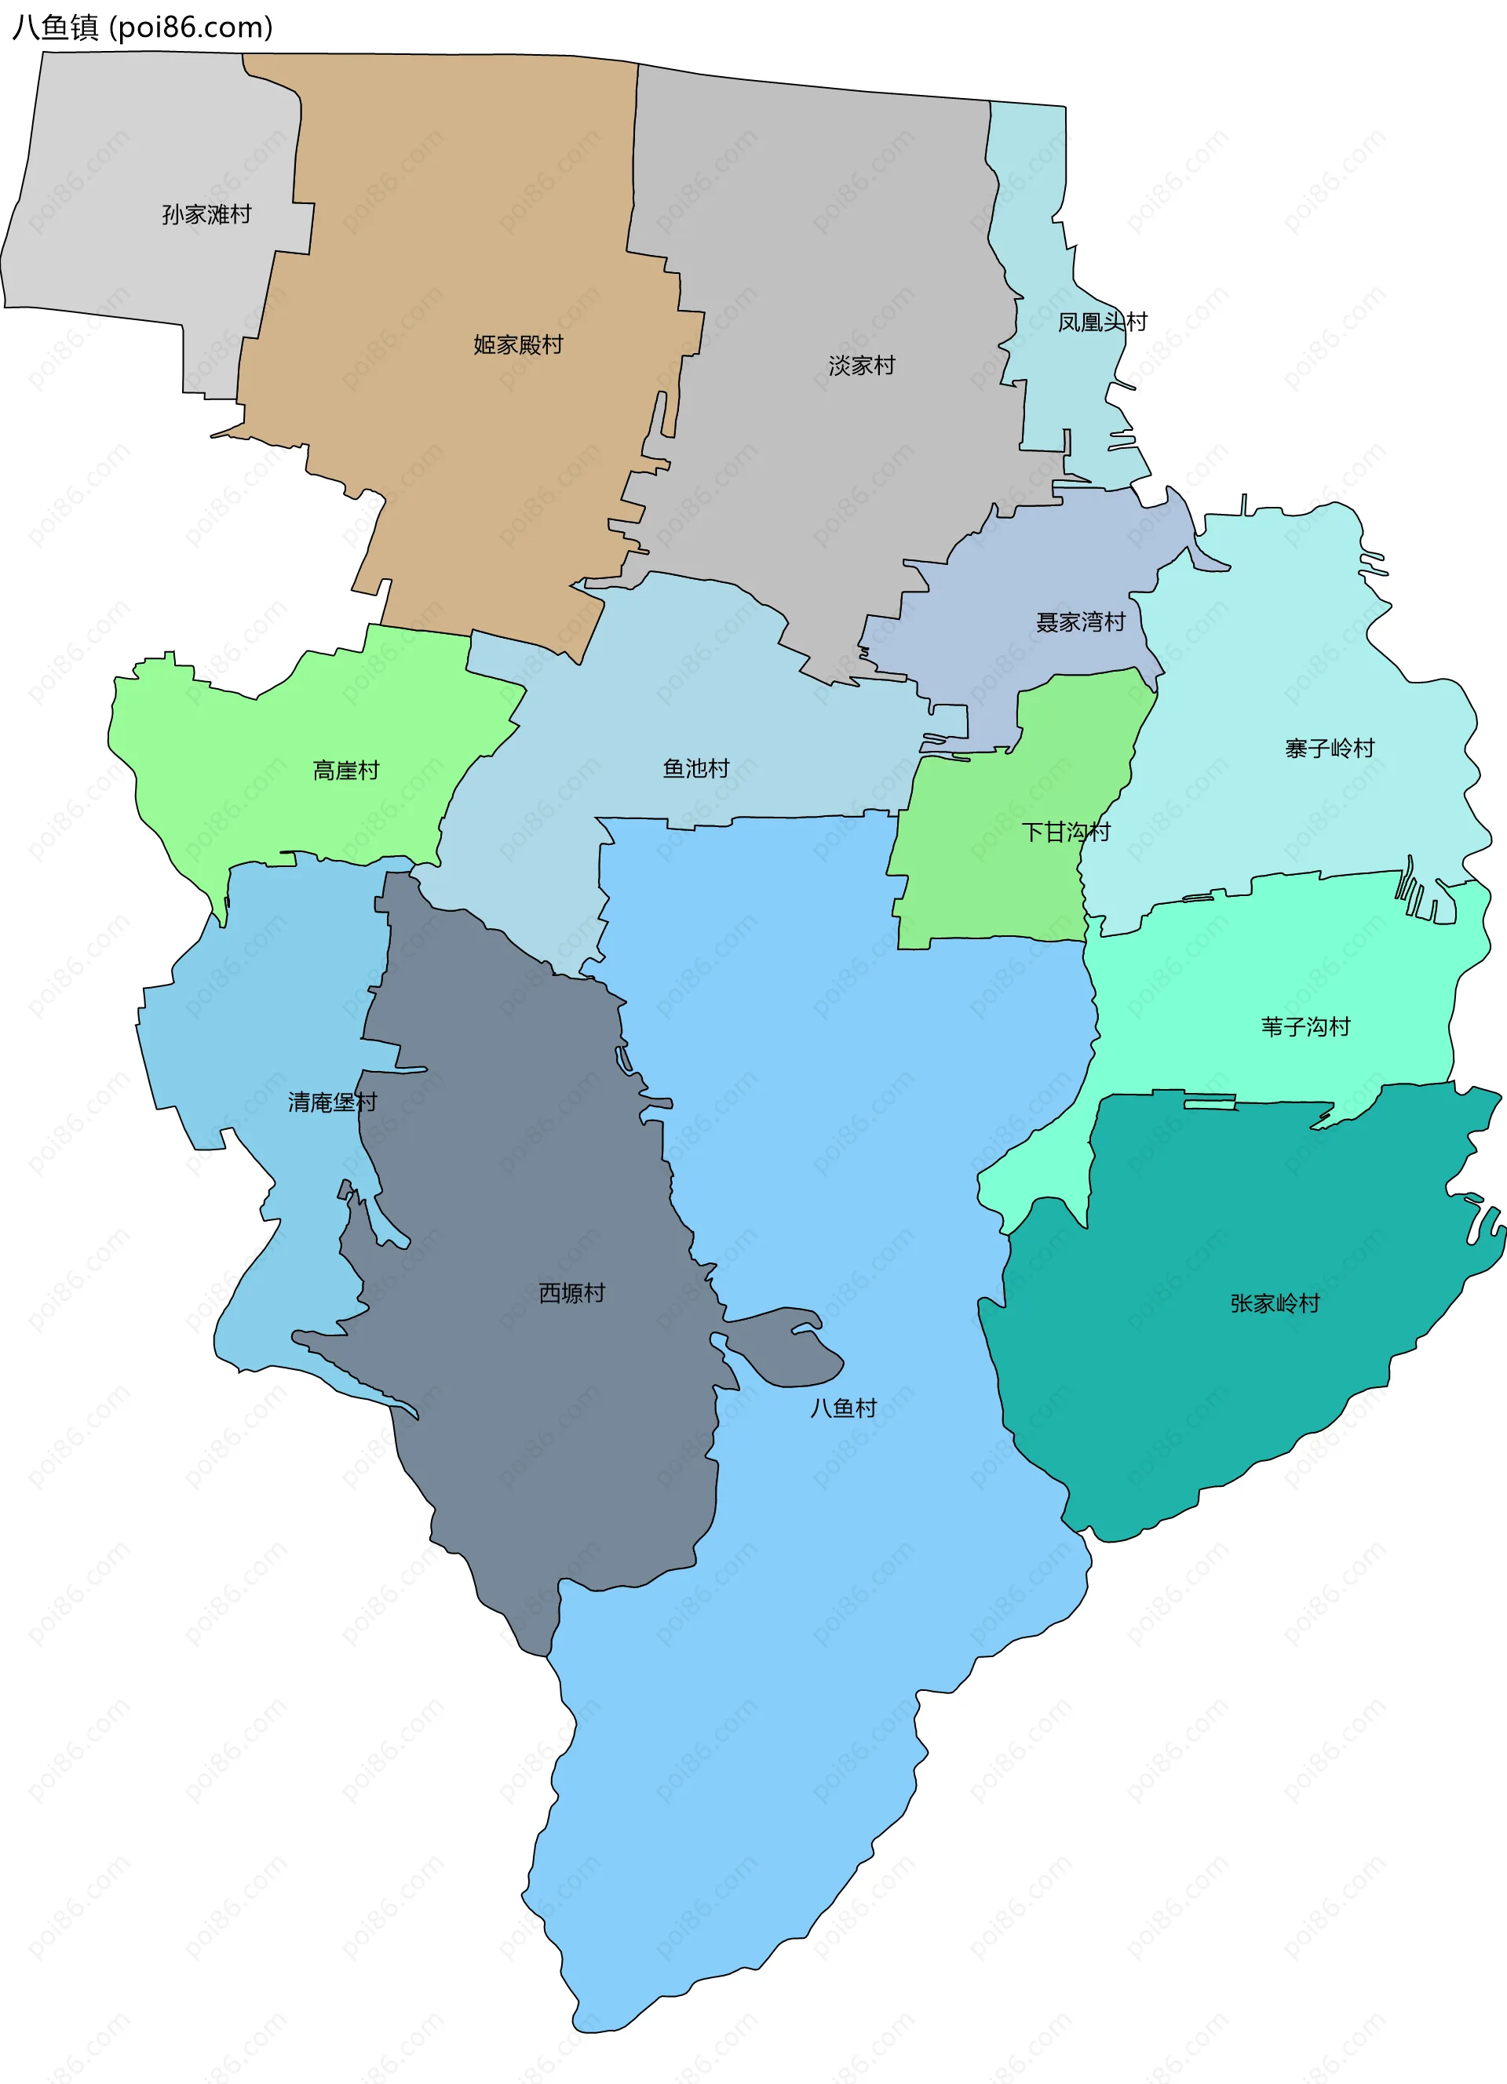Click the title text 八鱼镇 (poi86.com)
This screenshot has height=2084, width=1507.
coord(142,27)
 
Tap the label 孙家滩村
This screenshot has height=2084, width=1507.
coord(206,214)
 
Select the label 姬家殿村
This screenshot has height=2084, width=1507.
coord(518,344)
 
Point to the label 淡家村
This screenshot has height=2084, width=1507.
coord(861,366)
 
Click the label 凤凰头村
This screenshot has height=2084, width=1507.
coord(1102,322)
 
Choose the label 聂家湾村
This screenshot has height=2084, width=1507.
coord(1081,622)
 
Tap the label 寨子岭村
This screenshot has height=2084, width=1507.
coord(1329,748)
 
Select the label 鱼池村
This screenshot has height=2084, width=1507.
coord(695,768)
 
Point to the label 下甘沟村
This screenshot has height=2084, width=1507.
coord(1066,832)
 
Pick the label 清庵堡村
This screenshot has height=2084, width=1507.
coord(333,1102)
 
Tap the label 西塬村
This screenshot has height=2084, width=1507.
coord(571,1293)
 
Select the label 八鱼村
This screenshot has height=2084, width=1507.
coord(843,1408)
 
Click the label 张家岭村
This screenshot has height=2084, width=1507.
coord(1275,1303)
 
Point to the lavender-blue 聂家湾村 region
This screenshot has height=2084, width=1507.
coord(1029,570)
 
